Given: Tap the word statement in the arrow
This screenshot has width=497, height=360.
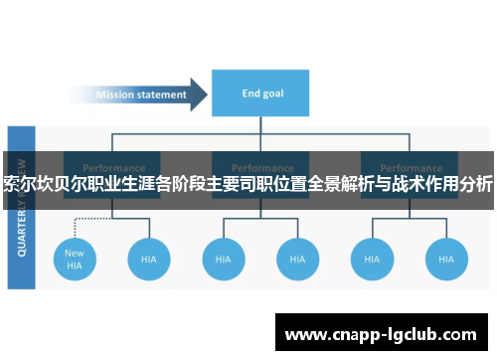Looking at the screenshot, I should (x=164, y=95).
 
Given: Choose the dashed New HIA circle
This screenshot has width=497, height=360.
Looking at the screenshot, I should (x=75, y=259).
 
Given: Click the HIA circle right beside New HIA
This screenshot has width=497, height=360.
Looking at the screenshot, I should (x=148, y=259).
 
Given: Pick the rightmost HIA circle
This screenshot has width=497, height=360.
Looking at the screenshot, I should (x=445, y=259).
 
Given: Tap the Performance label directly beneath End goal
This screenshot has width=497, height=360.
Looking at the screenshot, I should (x=263, y=167).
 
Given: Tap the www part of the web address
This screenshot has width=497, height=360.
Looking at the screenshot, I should (x=306, y=334).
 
